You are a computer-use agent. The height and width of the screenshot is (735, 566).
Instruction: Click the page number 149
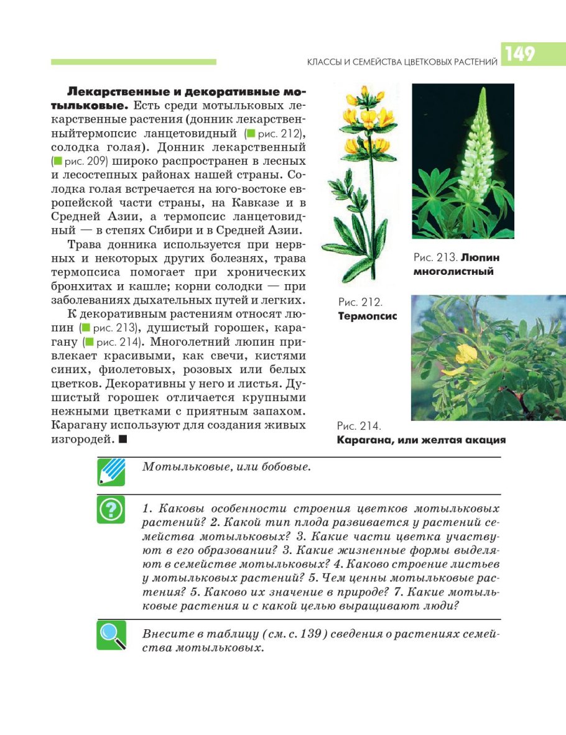click(521, 54)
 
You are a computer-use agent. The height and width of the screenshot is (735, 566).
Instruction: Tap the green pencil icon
click(111, 471)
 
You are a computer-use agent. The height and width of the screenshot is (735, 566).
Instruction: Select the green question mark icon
click(111, 510)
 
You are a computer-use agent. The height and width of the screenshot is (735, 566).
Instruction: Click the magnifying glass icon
click(111, 635)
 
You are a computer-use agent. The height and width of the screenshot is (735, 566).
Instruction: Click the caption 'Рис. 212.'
click(360, 302)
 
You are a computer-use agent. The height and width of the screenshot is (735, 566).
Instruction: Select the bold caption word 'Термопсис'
click(367, 316)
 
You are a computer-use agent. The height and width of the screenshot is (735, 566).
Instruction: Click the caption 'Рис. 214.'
click(359, 426)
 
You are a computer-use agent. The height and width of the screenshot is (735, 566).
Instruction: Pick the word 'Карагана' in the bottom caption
click(364, 440)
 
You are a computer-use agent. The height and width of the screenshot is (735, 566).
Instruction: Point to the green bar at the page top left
click(134, 62)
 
